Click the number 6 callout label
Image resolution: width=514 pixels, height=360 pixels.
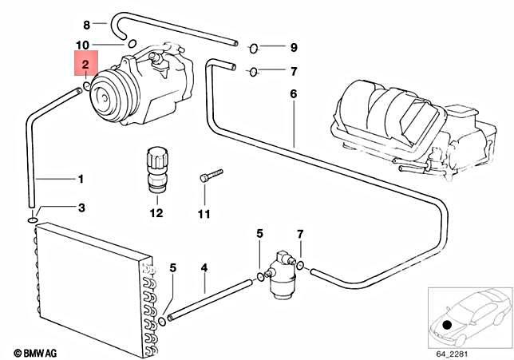(292, 94)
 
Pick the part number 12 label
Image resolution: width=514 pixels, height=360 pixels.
(155, 213)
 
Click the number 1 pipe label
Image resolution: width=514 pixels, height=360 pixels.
(80, 179)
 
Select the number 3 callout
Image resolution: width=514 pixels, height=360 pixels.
(80, 208)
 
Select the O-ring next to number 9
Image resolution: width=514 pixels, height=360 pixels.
(254, 47)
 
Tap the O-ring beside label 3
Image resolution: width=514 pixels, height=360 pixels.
(33, 220)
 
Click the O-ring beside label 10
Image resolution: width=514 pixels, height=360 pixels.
(132, 43)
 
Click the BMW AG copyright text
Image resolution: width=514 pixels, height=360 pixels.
(37, 352)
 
